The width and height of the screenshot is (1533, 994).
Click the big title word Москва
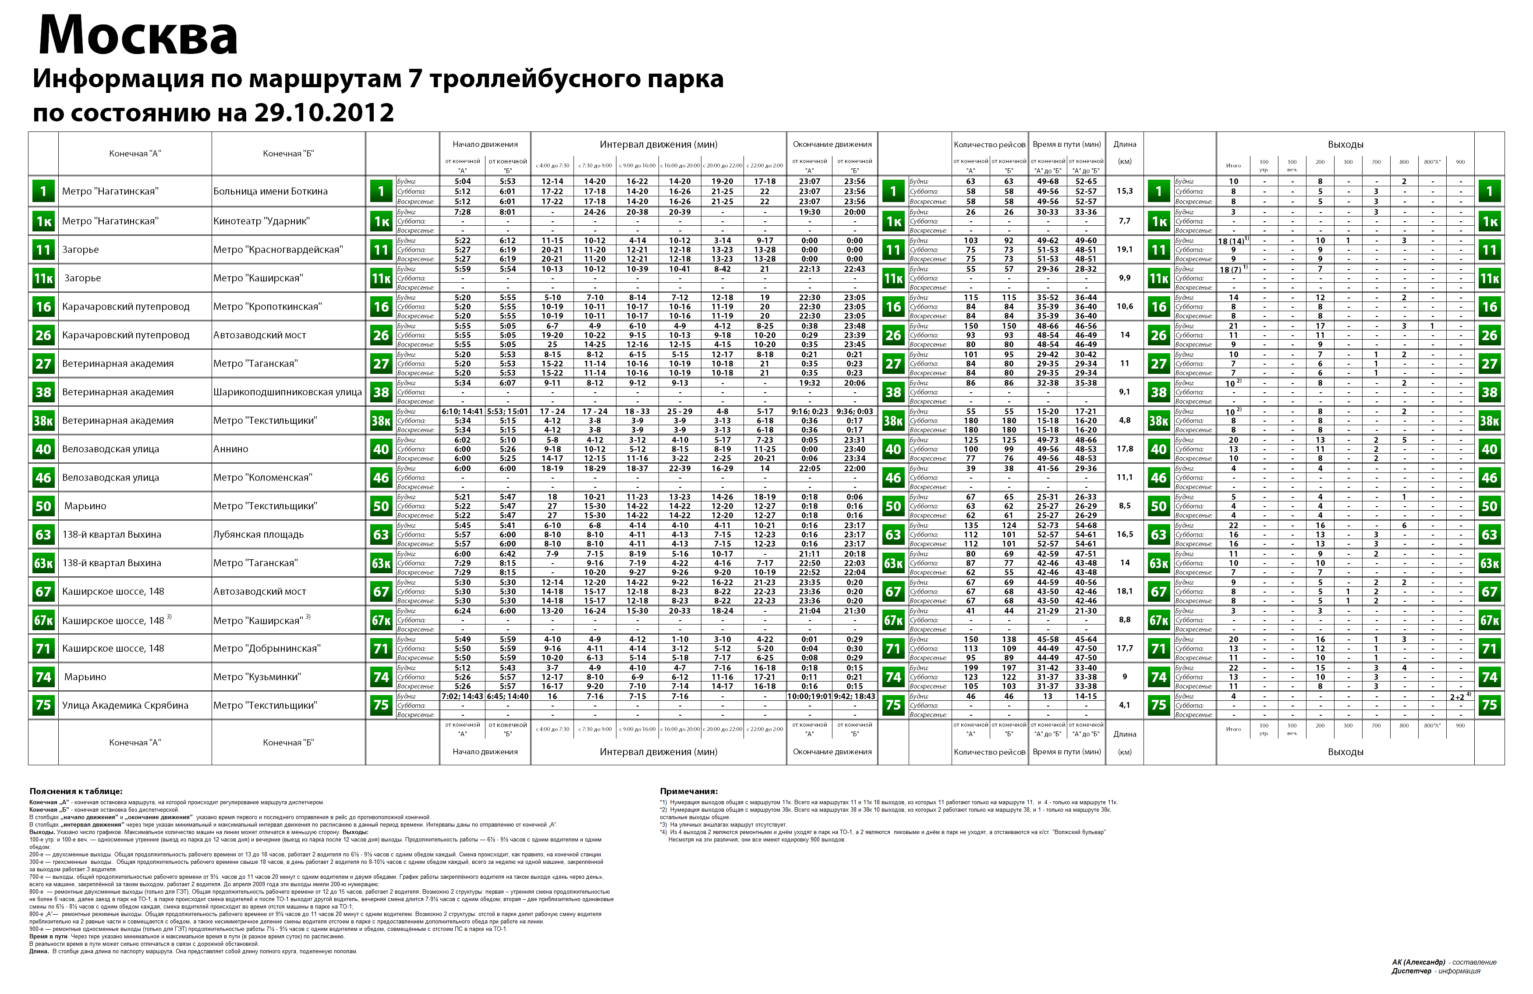tap(138, 36)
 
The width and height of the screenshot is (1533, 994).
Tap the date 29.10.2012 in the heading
tap(324, 113)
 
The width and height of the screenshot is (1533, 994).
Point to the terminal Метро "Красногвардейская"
tap(278, 249)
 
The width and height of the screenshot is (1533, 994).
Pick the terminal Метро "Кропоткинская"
tap(267, 307)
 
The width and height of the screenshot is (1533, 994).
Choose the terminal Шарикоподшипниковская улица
tap(287, 392)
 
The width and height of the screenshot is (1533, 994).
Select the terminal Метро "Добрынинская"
tap(267, 648)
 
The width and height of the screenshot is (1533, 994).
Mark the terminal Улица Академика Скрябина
tap(125, 706)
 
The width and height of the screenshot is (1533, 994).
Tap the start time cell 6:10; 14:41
tap(462, 412)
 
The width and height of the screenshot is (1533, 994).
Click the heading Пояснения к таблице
tap(75, 792)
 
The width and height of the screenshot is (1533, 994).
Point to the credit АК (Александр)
tap(1418, 962)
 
